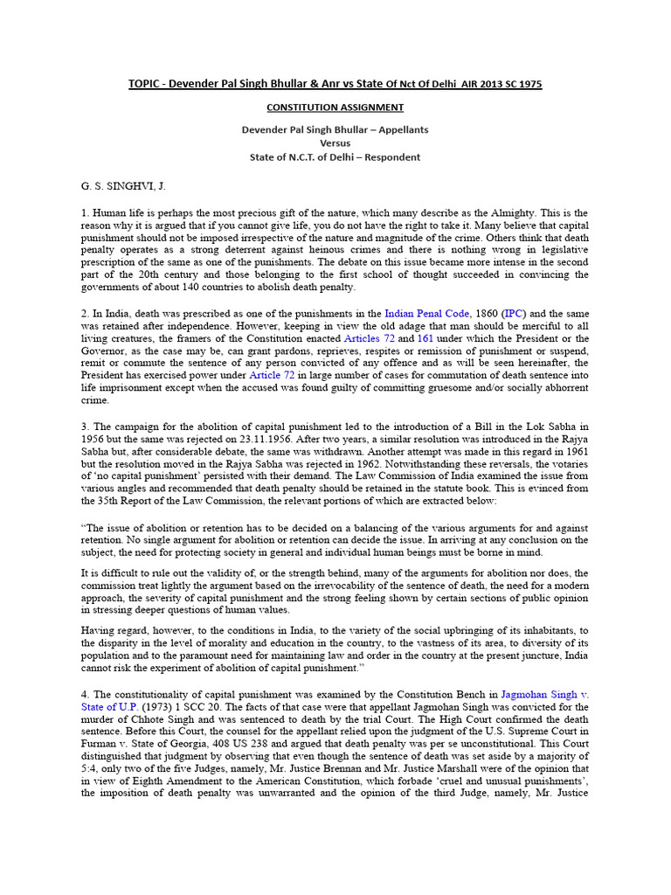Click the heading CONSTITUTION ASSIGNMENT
coord(335,108)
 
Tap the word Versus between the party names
coord(335,143)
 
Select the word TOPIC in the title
coord(145,84)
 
